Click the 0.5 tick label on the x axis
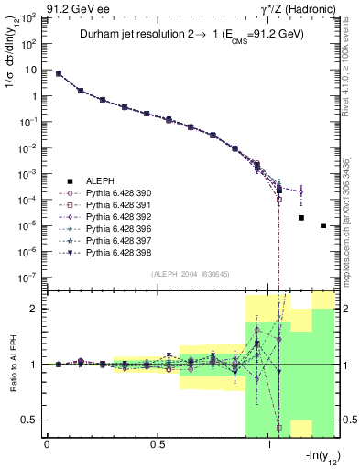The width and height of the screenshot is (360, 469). pos(158,445)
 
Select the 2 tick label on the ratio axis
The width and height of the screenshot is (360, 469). pos(34,310)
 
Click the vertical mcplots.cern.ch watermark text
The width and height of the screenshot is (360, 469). pos(349,220)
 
